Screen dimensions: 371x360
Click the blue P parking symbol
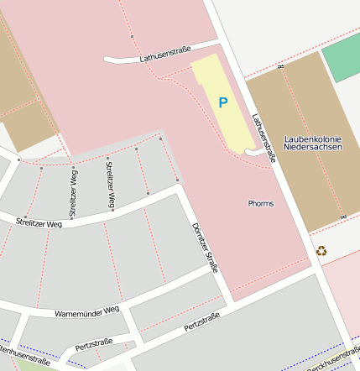222,102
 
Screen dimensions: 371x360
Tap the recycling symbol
321,250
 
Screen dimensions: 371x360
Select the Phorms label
260,203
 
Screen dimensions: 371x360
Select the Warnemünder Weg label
86,312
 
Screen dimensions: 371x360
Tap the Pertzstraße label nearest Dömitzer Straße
201,321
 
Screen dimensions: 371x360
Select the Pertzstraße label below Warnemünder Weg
93,345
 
